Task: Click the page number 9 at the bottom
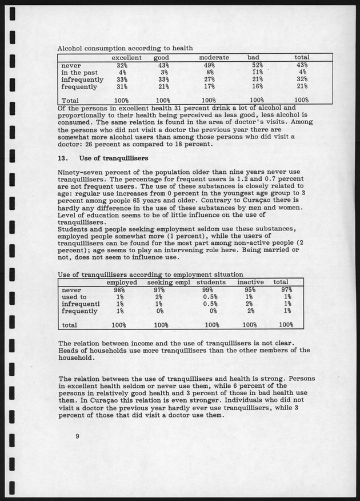pos(77,436)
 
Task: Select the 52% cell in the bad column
pos(257,65)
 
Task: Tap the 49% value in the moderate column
pos(210,65)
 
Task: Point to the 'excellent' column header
pos(126,58)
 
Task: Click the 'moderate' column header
pos(214,58)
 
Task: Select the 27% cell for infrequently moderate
pos(210,79)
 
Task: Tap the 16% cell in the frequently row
pos(257,87)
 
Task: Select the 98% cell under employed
pos(118,290)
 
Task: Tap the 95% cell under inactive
pos(249,290)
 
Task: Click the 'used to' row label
pos(74,297)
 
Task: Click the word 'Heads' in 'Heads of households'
pos(70,350)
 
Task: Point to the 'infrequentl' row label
pos(81,304)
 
